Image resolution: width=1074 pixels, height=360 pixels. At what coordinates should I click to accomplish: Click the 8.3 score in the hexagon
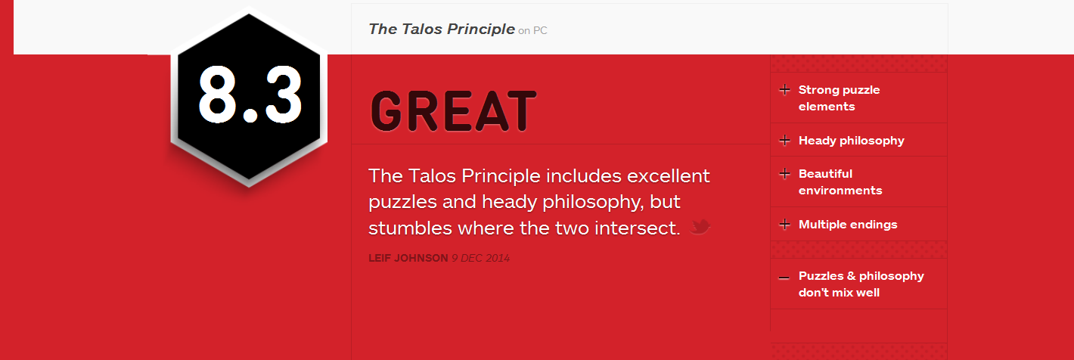pyautogui.click(x=250, y=94)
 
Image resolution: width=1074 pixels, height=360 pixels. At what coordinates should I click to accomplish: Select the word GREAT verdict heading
pyautogui.click(x=454, y=111)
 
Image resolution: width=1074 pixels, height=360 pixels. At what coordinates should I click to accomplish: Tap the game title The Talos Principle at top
pyautogui.click(x=442, y=29)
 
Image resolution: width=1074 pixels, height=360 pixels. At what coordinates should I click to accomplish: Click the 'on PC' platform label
pyautogui.click(x=532, y=31)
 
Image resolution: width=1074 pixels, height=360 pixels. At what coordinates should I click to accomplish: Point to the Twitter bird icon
pyautogui.click(x=700, y=227)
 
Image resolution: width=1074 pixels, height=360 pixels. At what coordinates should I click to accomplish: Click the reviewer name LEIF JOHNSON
pyautogui.click(x=408, y=258)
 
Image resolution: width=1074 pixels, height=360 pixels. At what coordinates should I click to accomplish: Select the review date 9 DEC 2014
pyautogui.click(x=480, y=258)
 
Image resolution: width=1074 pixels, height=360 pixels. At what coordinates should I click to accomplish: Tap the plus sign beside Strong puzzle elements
pyautogui.click(x=784, y=90)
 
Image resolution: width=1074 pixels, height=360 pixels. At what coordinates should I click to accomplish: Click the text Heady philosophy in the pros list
pyautogui.click(x=851, y=141)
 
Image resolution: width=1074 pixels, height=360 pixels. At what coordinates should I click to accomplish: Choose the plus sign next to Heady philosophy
pyautogui.click(x=784, y=141)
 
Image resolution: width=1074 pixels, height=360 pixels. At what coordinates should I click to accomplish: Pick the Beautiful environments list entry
pyautogui.click(x=840, y=182)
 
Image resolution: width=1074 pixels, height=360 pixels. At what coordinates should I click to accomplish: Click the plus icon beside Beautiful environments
pyautogui.click(x=784, y=173)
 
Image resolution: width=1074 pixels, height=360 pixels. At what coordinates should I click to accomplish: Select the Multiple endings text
pyautogui.click(x=848, y=225)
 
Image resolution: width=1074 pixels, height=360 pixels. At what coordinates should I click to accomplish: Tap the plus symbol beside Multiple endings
pyautogui.click(x=784, y=225)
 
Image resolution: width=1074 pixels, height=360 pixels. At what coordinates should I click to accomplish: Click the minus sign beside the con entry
pyautogui.click(x=784, y=278)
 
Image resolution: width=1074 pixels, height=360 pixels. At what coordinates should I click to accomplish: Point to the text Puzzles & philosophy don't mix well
pyautogui.click(x=861, y=284)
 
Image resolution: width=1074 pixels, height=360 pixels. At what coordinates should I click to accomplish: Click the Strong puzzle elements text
pyautogui.click(x=839, y=98)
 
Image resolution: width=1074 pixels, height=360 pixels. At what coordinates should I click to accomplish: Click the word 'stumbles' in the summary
pyautogui.click(x=410, y=228)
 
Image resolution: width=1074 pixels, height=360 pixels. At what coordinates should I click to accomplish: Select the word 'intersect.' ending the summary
pyautogui.click(x=637, y=228)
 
